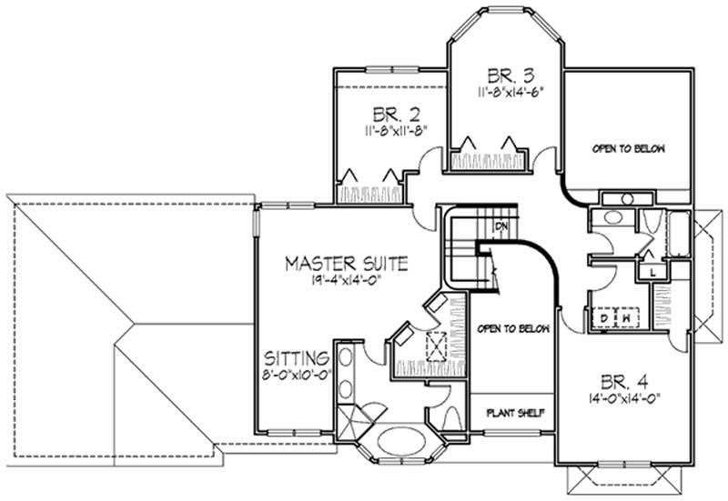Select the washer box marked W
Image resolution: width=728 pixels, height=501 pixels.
point(628,318)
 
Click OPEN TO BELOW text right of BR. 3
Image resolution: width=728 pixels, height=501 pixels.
point(629,148)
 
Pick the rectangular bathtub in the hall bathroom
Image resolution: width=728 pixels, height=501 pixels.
point(681,234)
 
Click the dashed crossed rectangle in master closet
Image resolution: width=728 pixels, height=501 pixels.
point(436,346)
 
